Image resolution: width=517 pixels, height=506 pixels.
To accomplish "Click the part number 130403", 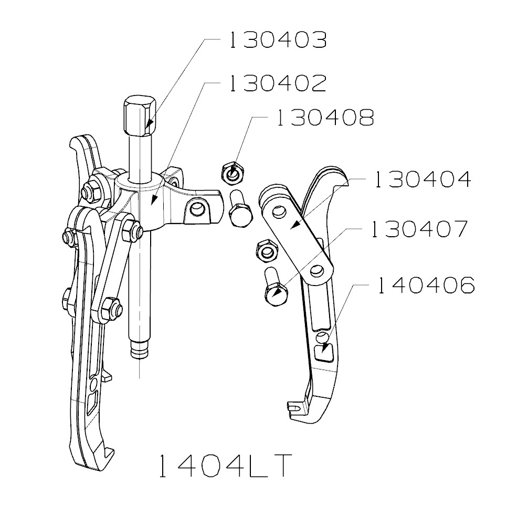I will coord(277,40).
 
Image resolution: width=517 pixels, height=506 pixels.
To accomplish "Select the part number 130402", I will coord(277,83).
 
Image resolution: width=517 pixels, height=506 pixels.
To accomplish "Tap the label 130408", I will coord(324,118).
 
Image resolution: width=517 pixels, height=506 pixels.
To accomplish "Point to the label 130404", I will coord(421,180).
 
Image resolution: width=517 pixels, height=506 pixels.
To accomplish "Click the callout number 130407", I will coord(418,229).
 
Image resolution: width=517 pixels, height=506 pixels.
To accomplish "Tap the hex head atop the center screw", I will coord(140,115).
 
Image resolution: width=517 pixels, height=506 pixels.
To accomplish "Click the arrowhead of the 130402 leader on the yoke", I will coord(153,201).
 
